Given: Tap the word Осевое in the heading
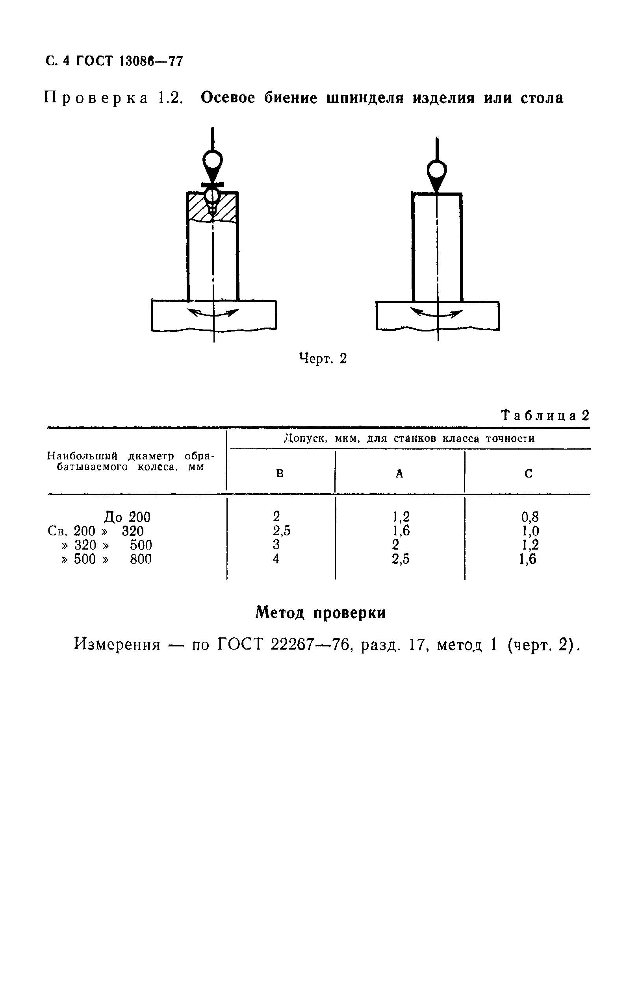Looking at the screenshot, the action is [x=228, y=98].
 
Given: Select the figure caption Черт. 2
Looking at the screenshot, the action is [x=323, y=359].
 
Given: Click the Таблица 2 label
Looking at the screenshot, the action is [x=545, y=416].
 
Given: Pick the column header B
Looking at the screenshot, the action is [x=280, y=474].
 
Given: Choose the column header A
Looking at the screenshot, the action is [x=399, y=474].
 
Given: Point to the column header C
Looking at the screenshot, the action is [x=529, y=474].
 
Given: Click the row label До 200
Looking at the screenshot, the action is [x=127, y=517].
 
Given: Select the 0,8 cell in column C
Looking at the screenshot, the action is [x=530, y=517].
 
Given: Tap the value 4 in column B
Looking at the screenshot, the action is [x=276, y=559].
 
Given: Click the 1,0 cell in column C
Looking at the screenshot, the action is [x=530, y=531].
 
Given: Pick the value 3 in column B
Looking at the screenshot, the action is [x=276, y=545].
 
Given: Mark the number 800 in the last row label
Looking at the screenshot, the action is [x=141, y=559].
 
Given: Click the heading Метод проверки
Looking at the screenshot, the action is [x=321, y=612].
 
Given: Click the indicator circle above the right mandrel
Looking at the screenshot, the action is [x=437, y=170].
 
